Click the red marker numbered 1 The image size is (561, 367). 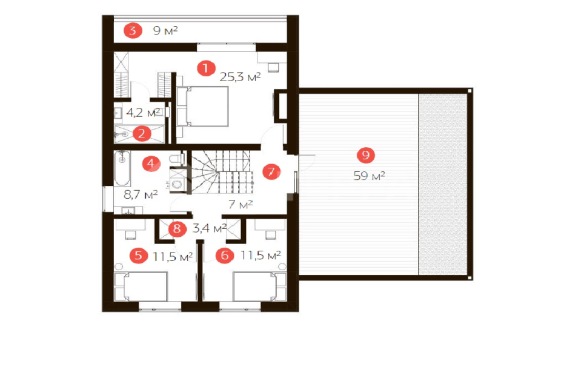pyautogui.click(x=206, y=68)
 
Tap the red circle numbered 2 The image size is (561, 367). pyautogui.click(x=142, y=133)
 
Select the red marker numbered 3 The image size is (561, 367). pyautogui.click(x=133, y=30)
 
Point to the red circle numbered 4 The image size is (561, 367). pyautogui.click(x=151, y=164)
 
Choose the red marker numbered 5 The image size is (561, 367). pyautogui.click(x=139, y=256)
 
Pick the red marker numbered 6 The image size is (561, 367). pyautogui.click(x=225, y=256)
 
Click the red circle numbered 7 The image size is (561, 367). pyautogui.click(x=271, y=172)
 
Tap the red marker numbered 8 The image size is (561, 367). pyautogui.click(x=177, y=229)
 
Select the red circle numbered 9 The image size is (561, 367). pyautogui.click(x=366, y=155)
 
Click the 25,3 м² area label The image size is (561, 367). pyautogui.click(x=240, y=77)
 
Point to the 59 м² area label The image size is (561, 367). pyautogui.click(x=369, y=176)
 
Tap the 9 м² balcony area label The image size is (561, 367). pyautogui.click(x=165, y=30)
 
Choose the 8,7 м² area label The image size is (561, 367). pyautogui.click(x=141, y=195)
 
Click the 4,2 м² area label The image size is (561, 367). pyautogui.click(x=143, y=113)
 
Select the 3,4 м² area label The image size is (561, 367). pyautogui.click(x=210, y=228)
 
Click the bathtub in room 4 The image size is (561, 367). pyautogui.click(x=122, y=168)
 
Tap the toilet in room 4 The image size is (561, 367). pyautogui.click(x=177, y=159)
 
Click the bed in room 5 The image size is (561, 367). pyautogui.click(x=141, y=286)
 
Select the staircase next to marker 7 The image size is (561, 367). pyautogui.click(x=222, y=172)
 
